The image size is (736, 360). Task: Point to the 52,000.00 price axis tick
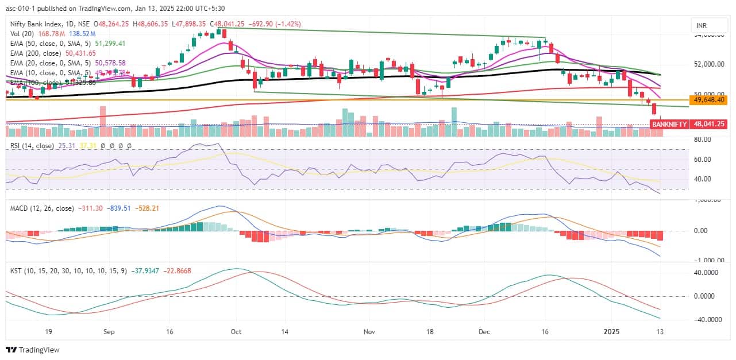pos(710,64)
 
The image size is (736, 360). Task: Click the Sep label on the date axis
pos(109,331)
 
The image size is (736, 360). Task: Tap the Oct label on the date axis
pos(234,331)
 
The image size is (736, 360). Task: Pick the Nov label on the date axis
pos(369,331)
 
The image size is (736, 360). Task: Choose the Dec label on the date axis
pos(484,331)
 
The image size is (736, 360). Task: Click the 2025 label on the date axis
pos(611,331)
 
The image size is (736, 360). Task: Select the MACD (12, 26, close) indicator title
pos(43,208)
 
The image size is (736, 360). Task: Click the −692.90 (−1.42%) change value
pos(276,24)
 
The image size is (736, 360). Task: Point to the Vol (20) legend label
pos(24,34)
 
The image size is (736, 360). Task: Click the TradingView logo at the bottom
pos(33,350)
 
